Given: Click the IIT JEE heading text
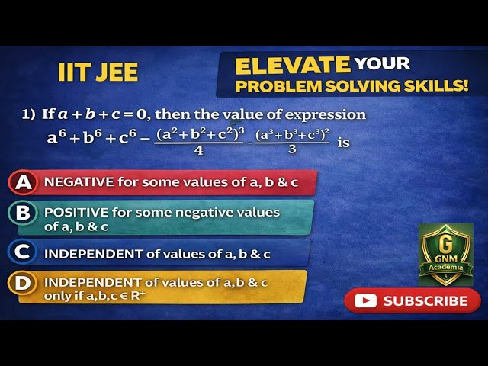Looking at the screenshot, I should (x=98, y=72).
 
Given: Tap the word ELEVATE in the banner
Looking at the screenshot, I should (x=292, y=65).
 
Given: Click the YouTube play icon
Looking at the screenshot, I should (x=366, y=300).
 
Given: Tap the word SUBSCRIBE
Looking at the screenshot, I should (x=425, y=301).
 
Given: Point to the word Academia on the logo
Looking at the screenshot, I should (x=446, y=268).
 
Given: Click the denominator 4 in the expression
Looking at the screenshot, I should (x=198, y=150).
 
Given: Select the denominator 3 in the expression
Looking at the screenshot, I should (x=293, y=150).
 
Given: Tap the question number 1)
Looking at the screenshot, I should (x=29, y=114).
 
